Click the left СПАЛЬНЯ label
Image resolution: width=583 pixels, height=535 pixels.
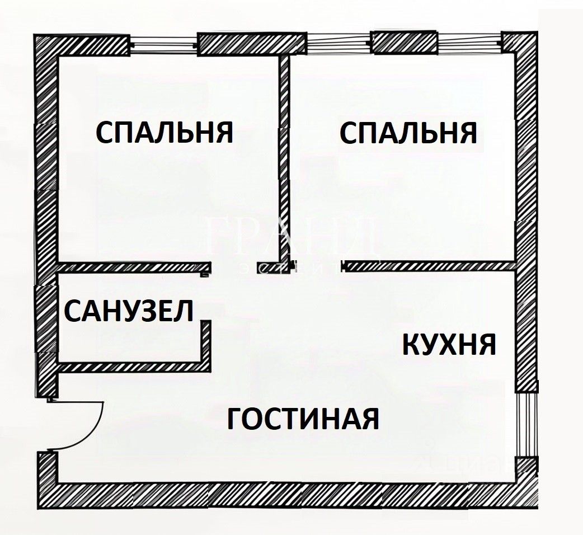[x=164, y=133]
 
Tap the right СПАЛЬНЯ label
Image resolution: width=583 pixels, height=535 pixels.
[x=408, y=133]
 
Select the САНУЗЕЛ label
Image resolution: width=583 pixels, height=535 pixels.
[x=129, y=311]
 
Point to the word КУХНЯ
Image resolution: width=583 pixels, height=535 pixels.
[x=449, y=344]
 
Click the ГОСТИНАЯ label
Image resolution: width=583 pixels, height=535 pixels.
[x=303, y=418]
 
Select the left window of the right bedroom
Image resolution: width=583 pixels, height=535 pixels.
[x=339, y=44]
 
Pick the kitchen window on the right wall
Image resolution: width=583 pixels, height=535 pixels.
[x=525, y=424]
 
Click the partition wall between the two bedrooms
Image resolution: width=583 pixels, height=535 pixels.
[x=285, y=157]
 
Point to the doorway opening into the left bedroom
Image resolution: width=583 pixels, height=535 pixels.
[x=234, y=267]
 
